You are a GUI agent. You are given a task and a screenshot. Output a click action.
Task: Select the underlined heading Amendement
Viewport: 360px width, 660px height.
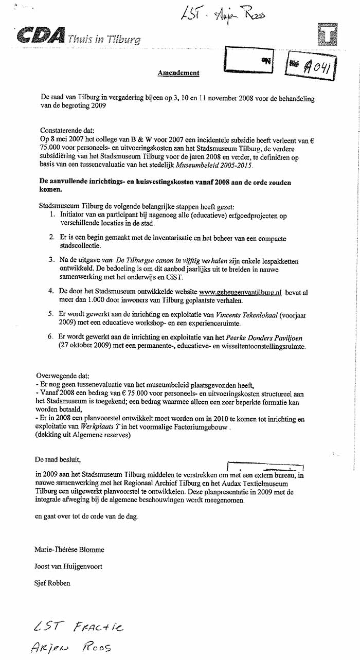tap(178, 73)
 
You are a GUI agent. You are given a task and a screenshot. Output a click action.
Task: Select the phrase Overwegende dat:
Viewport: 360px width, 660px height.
tap(62, 377)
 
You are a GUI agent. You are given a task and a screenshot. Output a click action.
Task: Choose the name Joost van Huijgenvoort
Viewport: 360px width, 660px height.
tap(68, 566)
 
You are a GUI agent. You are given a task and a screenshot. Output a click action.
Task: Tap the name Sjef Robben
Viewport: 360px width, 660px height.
tap(52, 583)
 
